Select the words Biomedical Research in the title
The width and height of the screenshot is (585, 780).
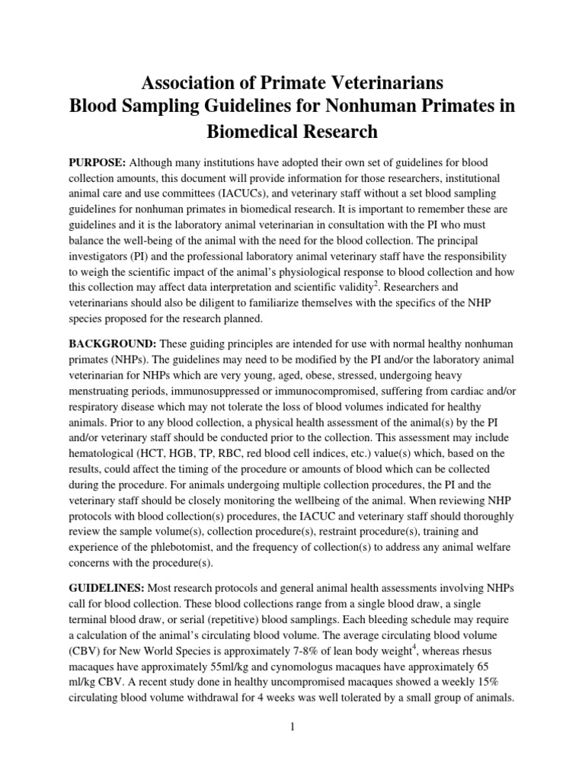[x=292, y=131]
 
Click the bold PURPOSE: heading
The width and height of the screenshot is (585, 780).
[x=97, y=164]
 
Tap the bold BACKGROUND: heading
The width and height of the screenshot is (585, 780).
[x=110, y=344]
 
